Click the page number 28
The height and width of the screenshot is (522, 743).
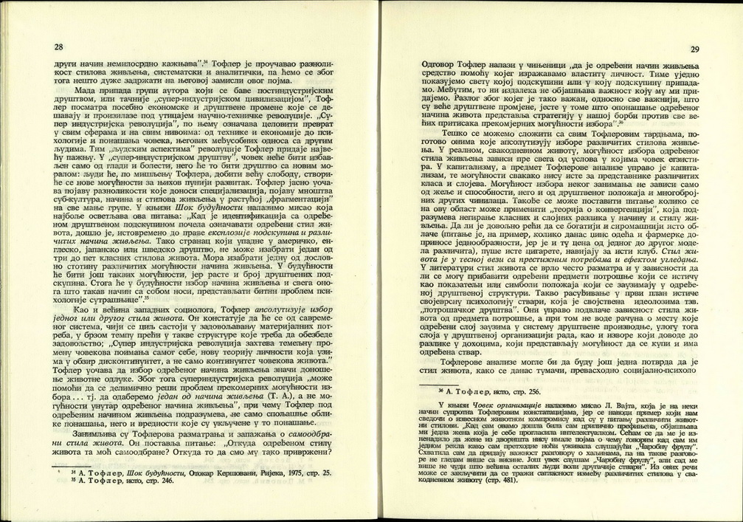[x=59, y=47]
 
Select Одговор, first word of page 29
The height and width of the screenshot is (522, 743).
[x=437, y=66]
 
